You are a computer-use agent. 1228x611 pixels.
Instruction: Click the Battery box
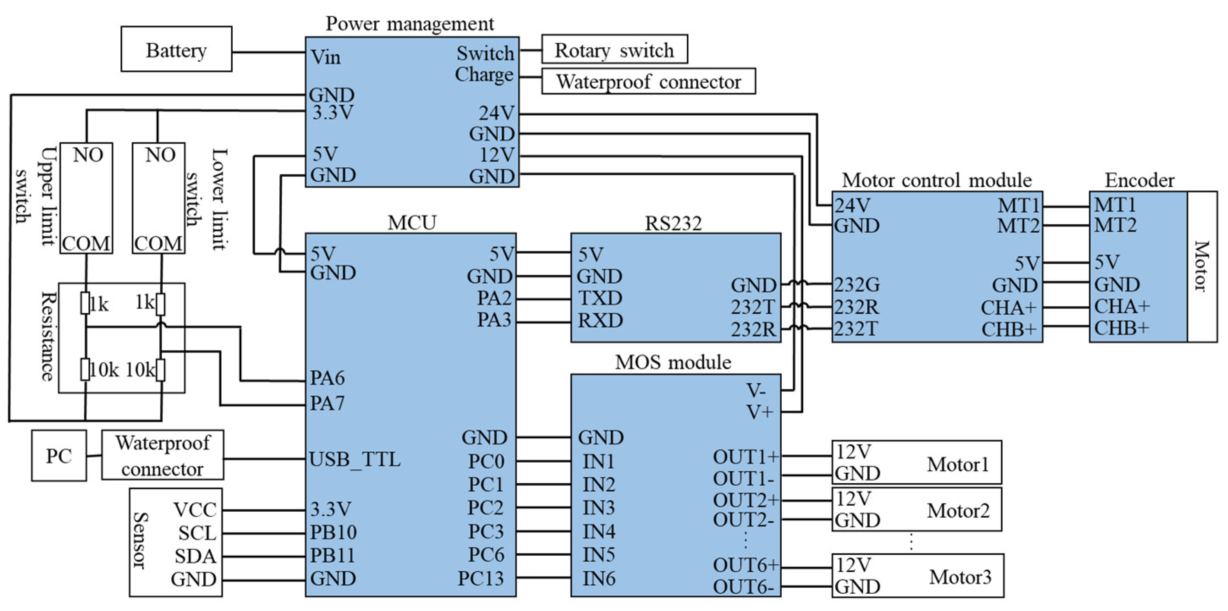(x=177, y=50)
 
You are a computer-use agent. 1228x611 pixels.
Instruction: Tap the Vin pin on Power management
(x=325, y=58)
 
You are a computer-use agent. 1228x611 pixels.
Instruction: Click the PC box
(x=59, y=456)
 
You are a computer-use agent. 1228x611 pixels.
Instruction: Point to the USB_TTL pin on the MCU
(x=355, y=460)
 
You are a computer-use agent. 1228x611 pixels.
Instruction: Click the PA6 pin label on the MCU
(x=327, y=378)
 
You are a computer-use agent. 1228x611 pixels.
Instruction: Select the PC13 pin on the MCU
(x=480, y=578)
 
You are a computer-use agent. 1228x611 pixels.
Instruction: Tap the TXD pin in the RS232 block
(x=600, y=298)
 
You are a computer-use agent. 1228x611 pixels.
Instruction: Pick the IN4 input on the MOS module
(x=599, y=531)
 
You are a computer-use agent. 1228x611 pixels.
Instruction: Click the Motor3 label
(x=960, y=577)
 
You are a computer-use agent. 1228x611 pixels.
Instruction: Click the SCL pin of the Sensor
(x=197, y=533)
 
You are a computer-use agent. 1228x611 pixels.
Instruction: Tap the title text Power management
(x=410, y=24)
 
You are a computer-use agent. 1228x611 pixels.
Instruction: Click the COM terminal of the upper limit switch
(x=86, y=243)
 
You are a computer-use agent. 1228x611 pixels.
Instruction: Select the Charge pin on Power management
(x=484, y=75)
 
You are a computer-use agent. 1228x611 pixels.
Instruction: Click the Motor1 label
(x=958, y=464)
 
